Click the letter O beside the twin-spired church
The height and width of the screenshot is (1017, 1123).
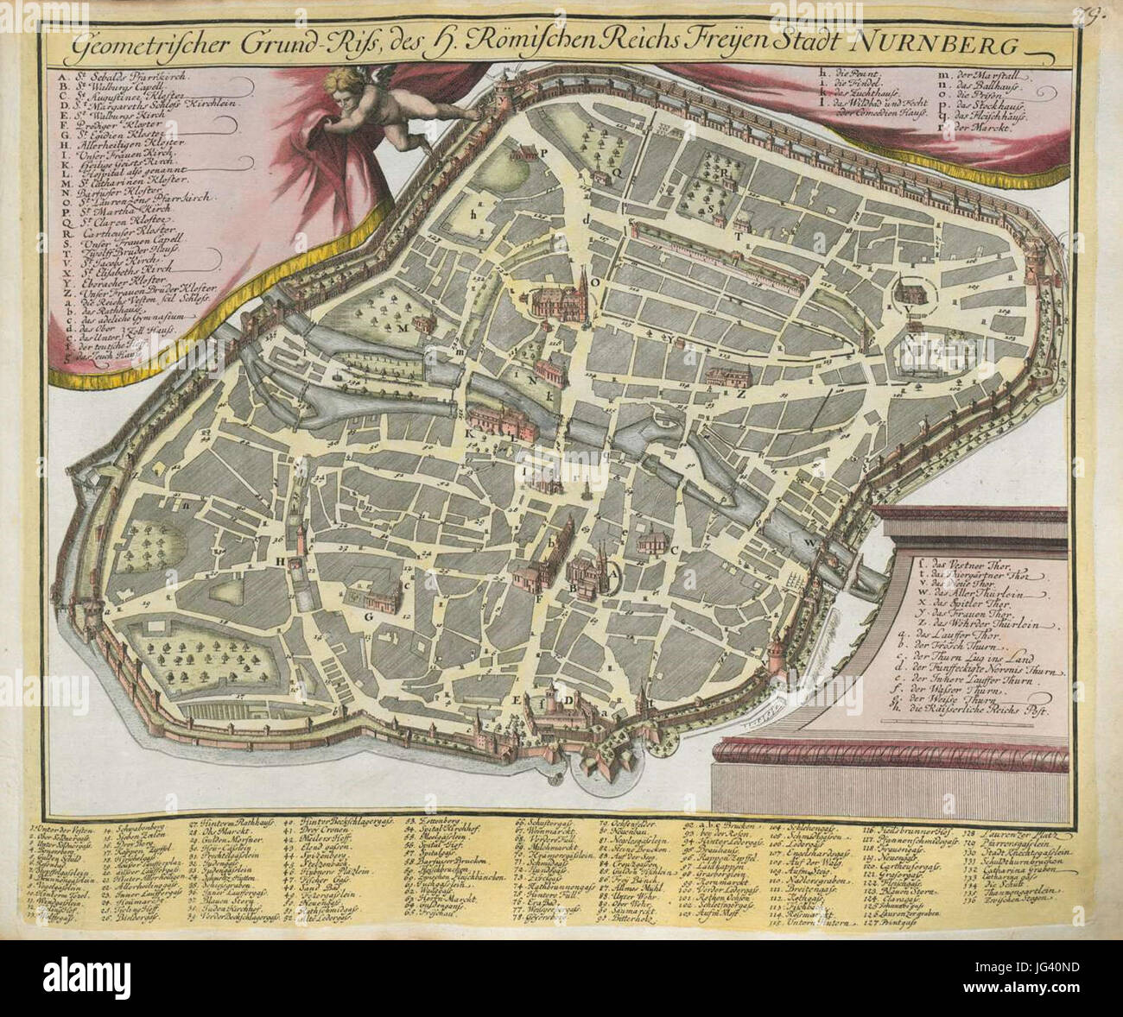coord(594,281)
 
